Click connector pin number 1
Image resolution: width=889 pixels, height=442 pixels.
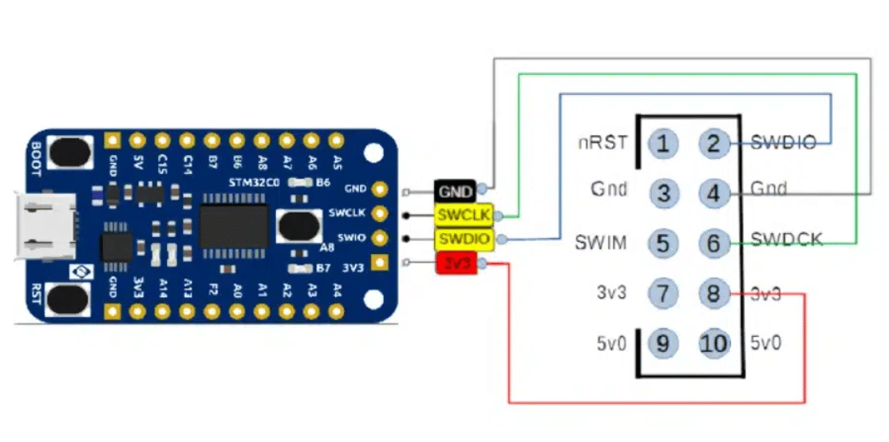coord(663,144)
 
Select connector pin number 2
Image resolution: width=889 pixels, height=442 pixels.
coord(713,144)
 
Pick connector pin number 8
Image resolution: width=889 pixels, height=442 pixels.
coord(713,294)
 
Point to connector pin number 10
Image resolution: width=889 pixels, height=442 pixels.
coord(713,344)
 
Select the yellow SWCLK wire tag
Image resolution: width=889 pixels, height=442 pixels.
coord(464,214)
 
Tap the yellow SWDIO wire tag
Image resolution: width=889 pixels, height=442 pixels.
coord(464,239)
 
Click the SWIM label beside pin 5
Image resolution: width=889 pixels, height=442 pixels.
coord(601,243)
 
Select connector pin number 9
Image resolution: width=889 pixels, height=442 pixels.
coord(663,344)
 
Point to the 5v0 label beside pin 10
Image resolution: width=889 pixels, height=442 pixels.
coord(766,344)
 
